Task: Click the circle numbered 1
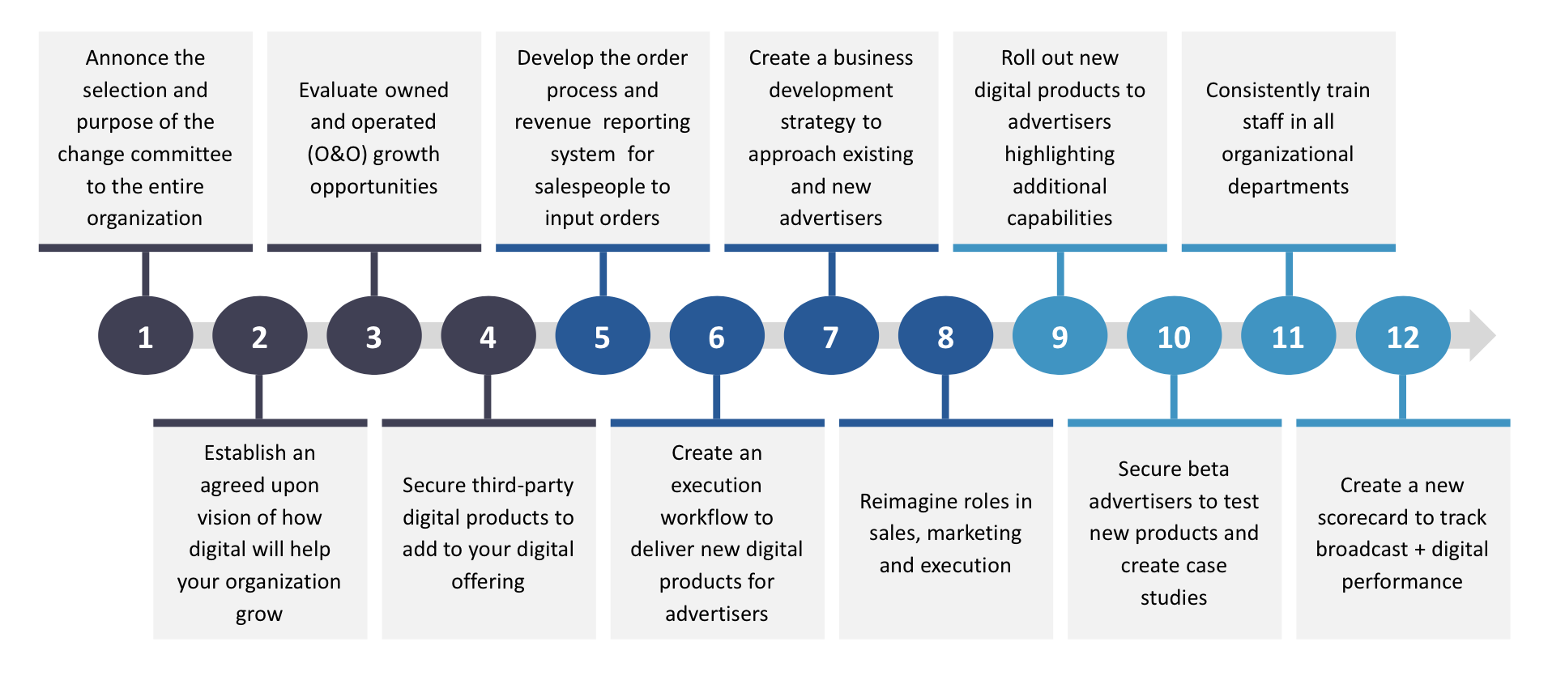point(145,336)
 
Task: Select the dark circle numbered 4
point(488,336)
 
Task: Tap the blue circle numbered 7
point(831,336)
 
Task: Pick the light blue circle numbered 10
point(1174,336)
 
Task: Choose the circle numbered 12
point(1402,336)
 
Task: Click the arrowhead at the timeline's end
point(1482,335)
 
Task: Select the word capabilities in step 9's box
point(1060,219)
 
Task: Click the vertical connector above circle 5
point(603,274)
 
